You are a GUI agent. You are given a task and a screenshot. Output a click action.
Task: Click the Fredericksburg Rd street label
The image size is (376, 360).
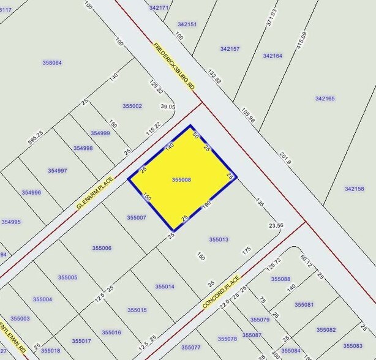[175, 67]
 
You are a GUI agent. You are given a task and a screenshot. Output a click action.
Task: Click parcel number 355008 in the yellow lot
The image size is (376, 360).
[182, 179]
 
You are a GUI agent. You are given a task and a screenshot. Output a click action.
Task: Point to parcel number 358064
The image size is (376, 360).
[52, 62]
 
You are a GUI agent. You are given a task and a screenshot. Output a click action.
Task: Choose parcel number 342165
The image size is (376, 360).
[325, 99]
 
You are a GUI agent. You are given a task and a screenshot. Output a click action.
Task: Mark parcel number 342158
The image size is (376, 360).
[354, 189]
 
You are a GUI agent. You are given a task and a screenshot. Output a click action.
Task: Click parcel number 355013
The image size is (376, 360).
[219, 239]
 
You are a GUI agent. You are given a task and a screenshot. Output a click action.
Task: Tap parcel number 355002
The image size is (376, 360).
[132, 106]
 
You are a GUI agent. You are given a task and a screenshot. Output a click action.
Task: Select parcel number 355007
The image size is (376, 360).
[137, 217]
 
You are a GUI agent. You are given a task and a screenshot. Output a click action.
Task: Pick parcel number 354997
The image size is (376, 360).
[57, 171]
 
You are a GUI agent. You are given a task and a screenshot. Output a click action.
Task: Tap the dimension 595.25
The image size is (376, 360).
[36, 141]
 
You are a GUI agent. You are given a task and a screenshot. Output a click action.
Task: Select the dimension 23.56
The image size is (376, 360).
[276, 225]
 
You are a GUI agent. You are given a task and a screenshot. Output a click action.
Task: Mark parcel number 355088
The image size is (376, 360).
[280, 279]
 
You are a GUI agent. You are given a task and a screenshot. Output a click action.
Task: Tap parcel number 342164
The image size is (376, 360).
[273, 56]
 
